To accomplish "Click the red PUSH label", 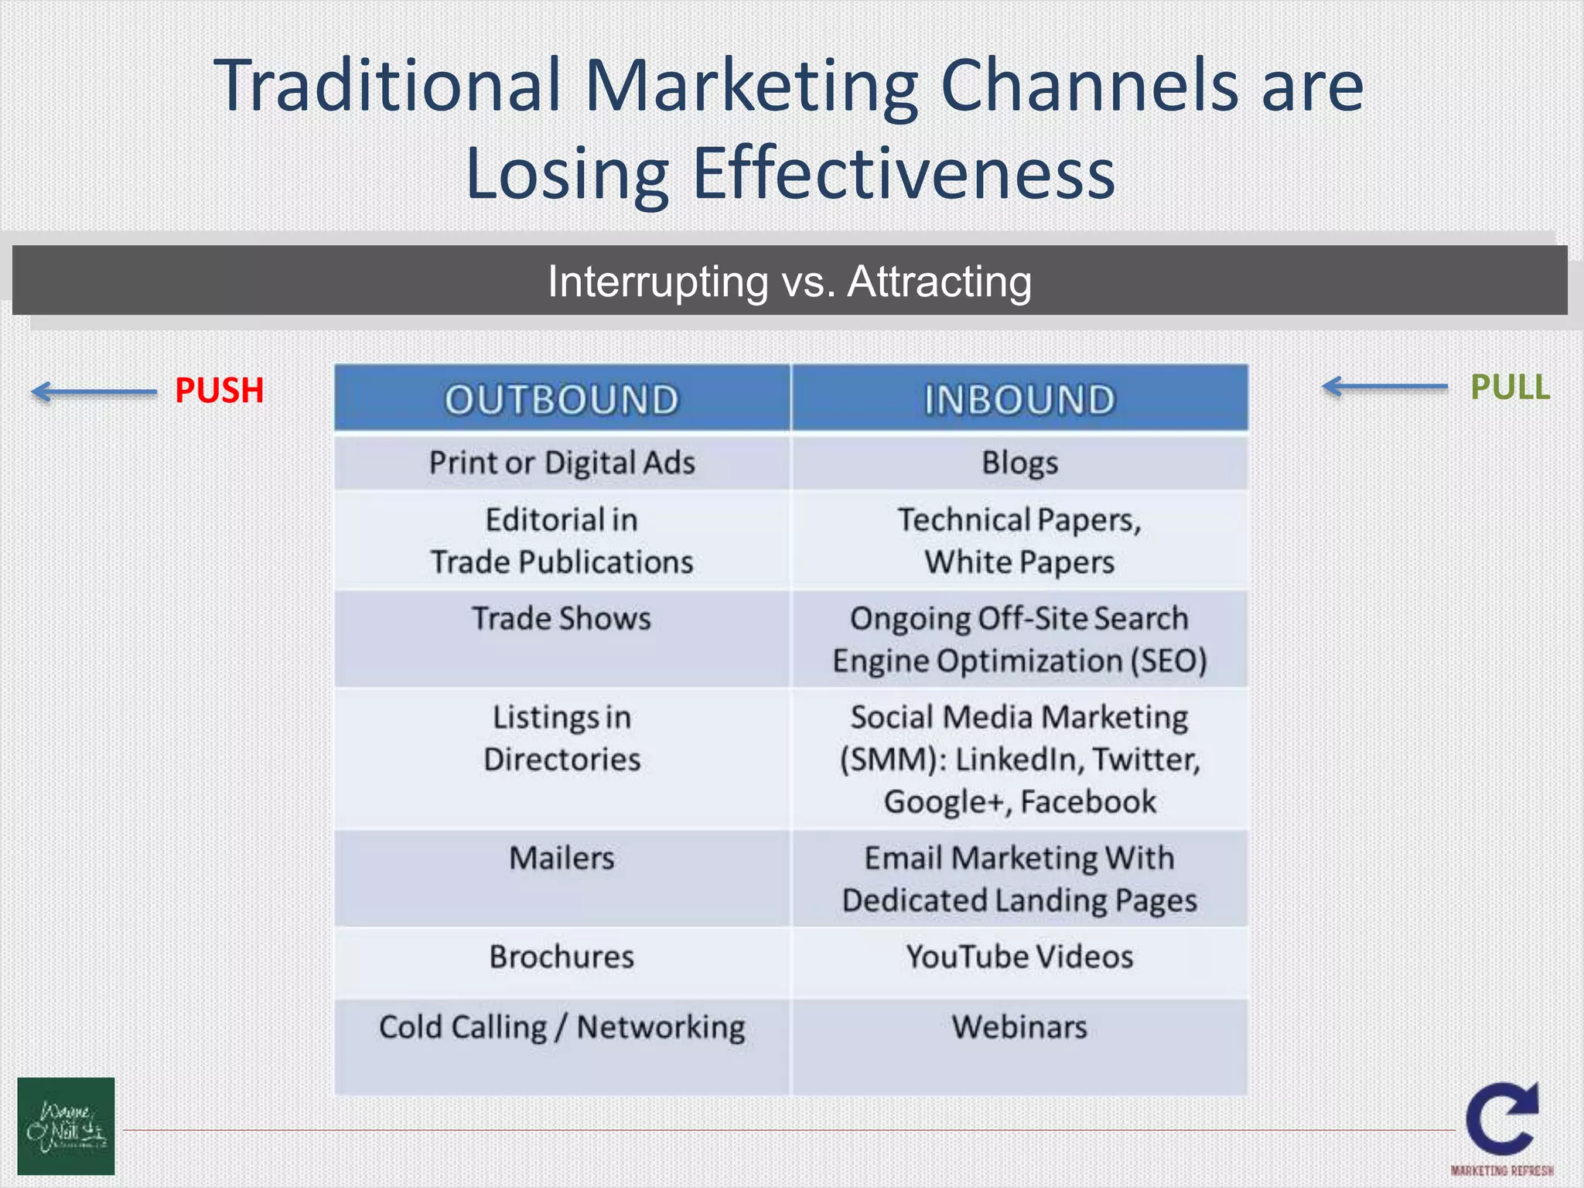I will [x=219, y=391].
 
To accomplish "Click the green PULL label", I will [x=1510, y=387].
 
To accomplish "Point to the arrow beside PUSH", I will [x=94, y=392].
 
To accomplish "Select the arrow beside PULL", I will [x=1384, y=386].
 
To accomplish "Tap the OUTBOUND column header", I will [x=562, y=399].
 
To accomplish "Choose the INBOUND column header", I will [x=1019, y=399].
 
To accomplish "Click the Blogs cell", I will [x=1019, y=463].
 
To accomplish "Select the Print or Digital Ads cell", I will [x=562, y=463].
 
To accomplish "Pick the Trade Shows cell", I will [x=562, y=619].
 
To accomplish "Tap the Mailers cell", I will [x=562, y=859].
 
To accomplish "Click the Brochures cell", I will [x=562, y=958].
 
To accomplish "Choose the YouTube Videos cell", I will [x=1019, y=958].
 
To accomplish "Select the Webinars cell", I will [x=1019, y=1027].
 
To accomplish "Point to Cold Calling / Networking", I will [x=562, y=1027].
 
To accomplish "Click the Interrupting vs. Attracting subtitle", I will [x=790, y=281].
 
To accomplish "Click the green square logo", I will [x=66, y=1126].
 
